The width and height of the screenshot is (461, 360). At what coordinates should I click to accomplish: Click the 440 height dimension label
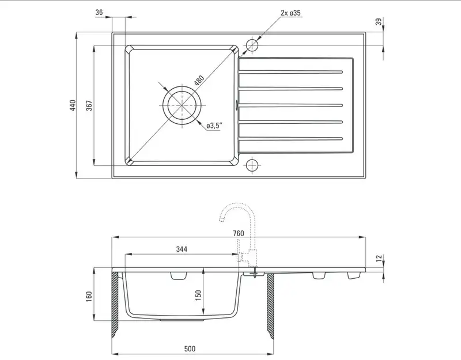(x=73, y=105)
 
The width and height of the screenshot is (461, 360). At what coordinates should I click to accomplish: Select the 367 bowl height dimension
(x=89, y=105)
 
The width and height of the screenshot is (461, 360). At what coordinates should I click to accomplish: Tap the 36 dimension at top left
(x=99, y=12)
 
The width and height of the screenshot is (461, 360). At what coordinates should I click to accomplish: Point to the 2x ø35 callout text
(x=290, y=13)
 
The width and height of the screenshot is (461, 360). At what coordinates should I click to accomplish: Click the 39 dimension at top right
(x=379, y=21)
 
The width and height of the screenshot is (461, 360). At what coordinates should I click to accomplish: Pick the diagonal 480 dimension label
(x=199, y=80)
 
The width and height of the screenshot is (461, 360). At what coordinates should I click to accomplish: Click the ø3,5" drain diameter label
(x=214, y=126)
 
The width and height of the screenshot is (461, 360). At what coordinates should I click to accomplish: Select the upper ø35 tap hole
(x=252, y=46)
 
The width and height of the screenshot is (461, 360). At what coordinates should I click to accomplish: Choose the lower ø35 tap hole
(x=252, y=165)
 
